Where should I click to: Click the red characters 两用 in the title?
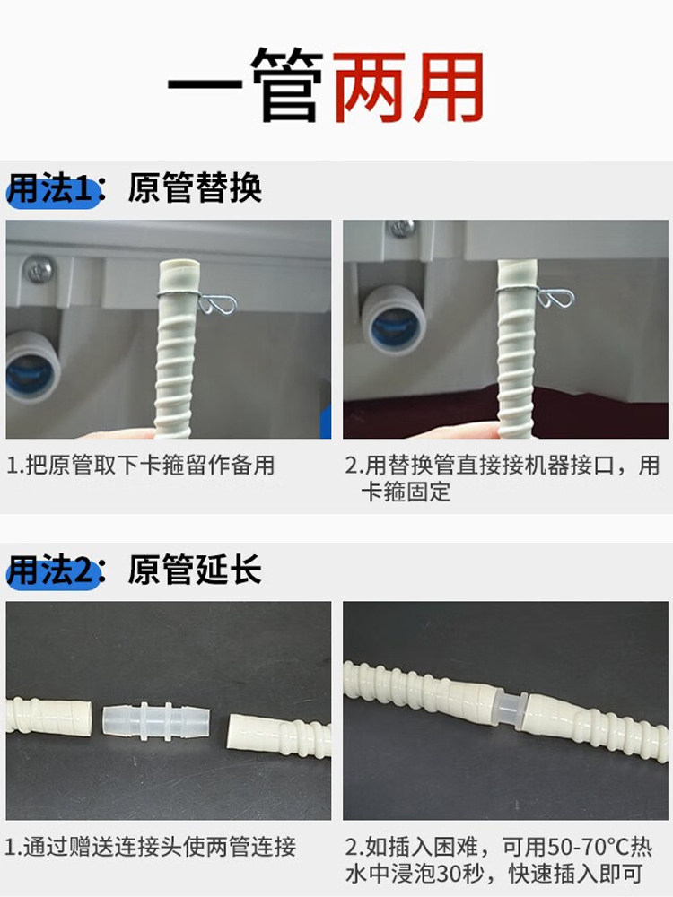pyautogui.click(x=409, y=88)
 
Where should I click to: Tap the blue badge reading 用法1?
pyautogui.click(x=51, y=190)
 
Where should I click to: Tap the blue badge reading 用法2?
pyautogui.click(x=51, y=570)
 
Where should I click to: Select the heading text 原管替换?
pyautogui.click(x=195, y=189)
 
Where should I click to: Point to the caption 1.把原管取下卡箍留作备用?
pyautogui.click(x=141, y=466)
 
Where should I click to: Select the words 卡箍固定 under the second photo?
pyautogui.click(x=405, y=492)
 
